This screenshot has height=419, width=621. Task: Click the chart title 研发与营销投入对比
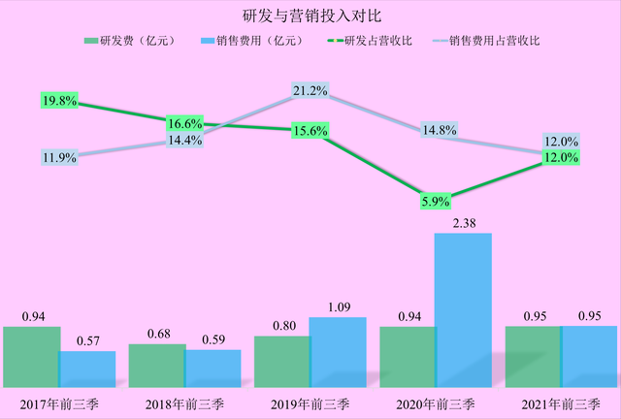(x=310, y=16)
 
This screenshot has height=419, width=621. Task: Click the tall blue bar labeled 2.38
(x=464, y=310)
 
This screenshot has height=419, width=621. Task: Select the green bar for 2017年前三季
(x=31, y=357)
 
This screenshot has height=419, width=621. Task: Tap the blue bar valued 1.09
(x=338, y=352)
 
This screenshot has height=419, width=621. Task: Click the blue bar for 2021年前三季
(x=589, y=357)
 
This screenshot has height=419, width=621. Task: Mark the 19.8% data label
(x=59, y=100)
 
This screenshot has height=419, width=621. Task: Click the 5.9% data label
(x=434, y=202)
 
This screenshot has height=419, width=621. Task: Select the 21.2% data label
(x=310, y=91)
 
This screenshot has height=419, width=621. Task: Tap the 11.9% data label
(x=59, y=156)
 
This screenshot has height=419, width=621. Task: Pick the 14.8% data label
(x=434, y=131)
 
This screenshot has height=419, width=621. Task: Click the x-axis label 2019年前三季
(x=310, y=402)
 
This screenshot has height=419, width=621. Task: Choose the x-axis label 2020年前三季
(x=435, y=402)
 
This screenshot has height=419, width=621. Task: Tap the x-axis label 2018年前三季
(x=184, y=402)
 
